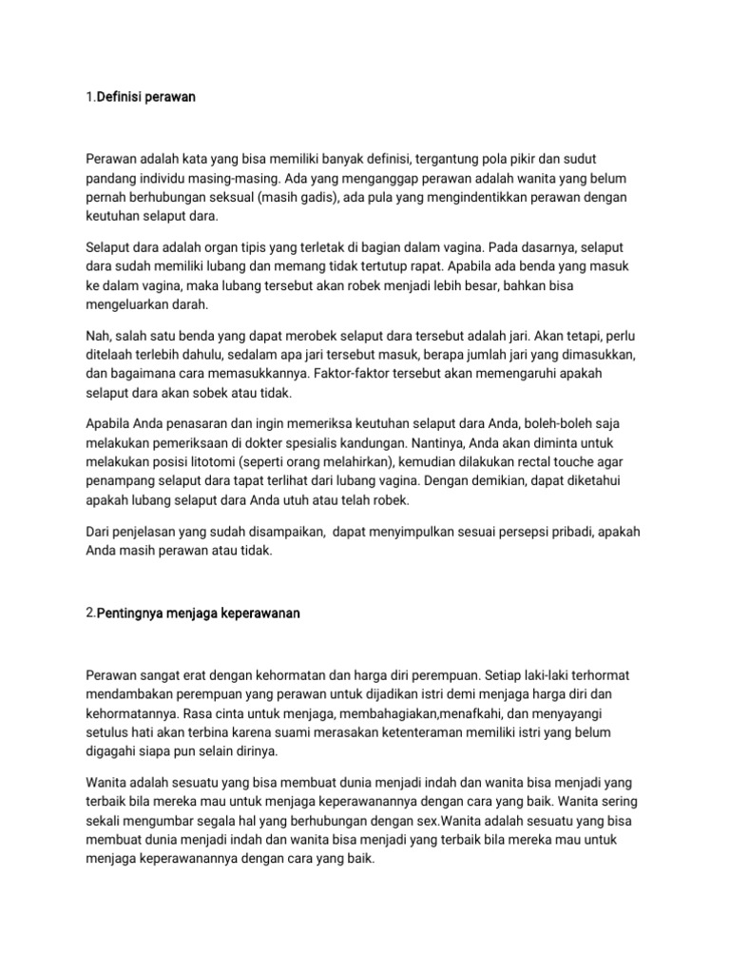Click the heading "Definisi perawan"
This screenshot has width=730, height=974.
(x=144, y=97)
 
